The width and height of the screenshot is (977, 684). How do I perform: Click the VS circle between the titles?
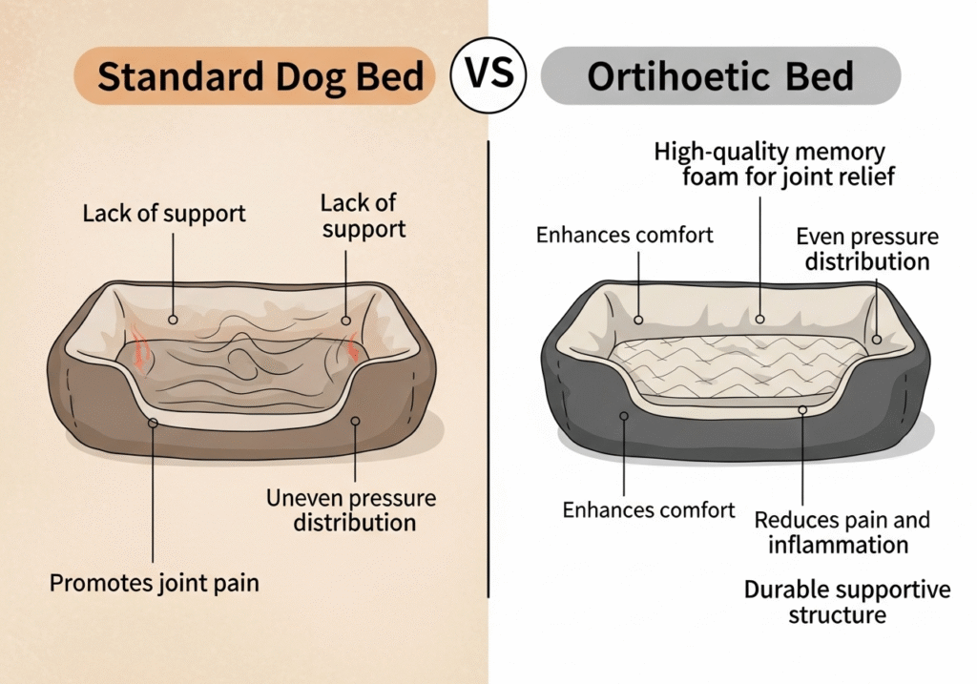pyautogui.click(x=488, y=74)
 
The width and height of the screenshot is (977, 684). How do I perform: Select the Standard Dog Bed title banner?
pyautogui.click(x=254, y=75)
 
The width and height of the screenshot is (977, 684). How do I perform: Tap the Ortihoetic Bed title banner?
pyautogui.click(x=720, y=75)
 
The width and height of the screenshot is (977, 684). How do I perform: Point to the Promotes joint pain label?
pyautogui.click(x=154, y=583)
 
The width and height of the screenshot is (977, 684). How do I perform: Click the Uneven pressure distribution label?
pyautogui.click(x=351, y=510)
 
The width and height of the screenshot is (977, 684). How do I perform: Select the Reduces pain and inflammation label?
pyautogui.click(x=842, y=532)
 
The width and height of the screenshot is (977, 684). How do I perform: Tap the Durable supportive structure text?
pyautogui.click(x=847, y=602)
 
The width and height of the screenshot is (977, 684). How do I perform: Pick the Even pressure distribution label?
pyautogui.click(x=867, y=249)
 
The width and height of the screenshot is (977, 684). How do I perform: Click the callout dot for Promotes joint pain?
pyautogui.click(x=153, y=423)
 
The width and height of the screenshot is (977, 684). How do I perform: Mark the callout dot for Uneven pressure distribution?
pyautogui.click(x=355, y=421)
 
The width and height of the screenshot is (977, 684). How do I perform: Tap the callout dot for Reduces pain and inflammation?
pyautogui.click(x=802, y=410)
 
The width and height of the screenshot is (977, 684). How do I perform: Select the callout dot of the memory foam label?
pyautogui.click(x=759, y=319)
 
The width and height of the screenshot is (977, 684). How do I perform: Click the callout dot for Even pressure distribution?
pyautogui.click(x=876, y=340)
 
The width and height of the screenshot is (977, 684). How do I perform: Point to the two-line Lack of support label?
pyautogui.click(x=364, y=217)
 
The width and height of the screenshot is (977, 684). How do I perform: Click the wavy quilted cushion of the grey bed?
pyautogui.click(x=736, y=365)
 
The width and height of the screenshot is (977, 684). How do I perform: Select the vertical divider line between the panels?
pyautogui.click(x=488, y=369)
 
